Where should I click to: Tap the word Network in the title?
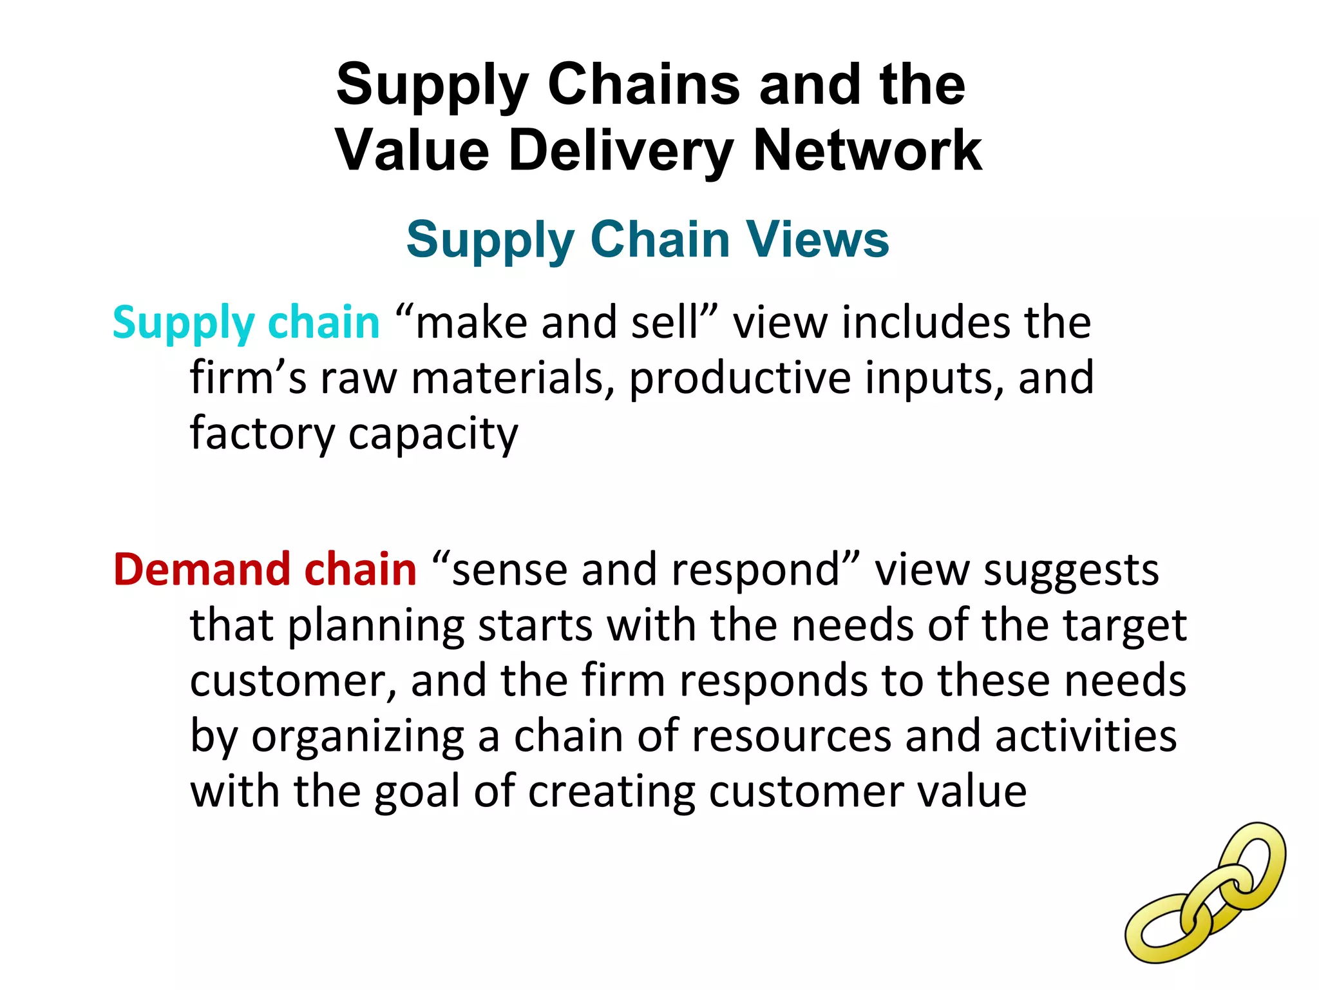tap(867, 151)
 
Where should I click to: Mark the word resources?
tap(791, 737)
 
